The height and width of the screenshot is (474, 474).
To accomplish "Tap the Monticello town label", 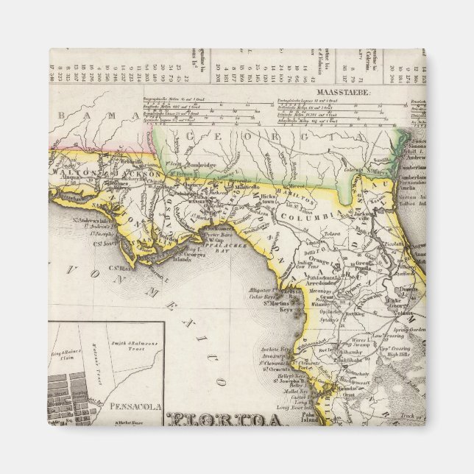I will pyautogui.click(x=258, y=189).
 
